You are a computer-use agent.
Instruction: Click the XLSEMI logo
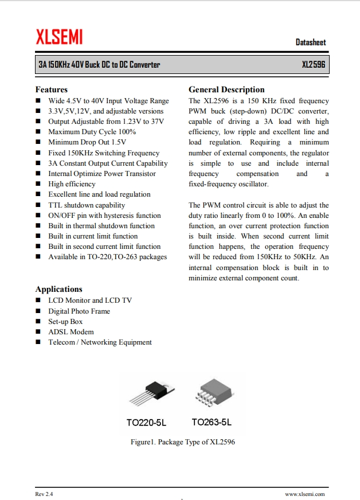59,37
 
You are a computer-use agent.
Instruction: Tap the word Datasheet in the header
311,42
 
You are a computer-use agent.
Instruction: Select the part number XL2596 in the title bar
313,65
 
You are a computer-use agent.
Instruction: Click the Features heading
52,89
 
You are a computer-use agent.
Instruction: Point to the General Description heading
226,89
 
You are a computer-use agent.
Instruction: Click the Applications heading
59,289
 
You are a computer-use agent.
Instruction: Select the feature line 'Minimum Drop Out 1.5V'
87,142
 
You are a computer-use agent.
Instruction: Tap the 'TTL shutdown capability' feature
87,205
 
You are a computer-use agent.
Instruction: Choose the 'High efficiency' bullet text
72,184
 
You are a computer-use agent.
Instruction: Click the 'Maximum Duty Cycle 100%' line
92,132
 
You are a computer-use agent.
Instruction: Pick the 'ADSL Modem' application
71,331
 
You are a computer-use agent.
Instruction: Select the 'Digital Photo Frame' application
79,311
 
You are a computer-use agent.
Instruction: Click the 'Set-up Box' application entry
65,321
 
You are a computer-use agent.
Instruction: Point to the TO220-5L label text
146,423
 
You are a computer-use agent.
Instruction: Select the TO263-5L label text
212,423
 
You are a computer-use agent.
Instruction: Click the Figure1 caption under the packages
183,442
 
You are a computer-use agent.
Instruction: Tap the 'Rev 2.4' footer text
44,494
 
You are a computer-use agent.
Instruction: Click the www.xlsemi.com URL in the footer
305,494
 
